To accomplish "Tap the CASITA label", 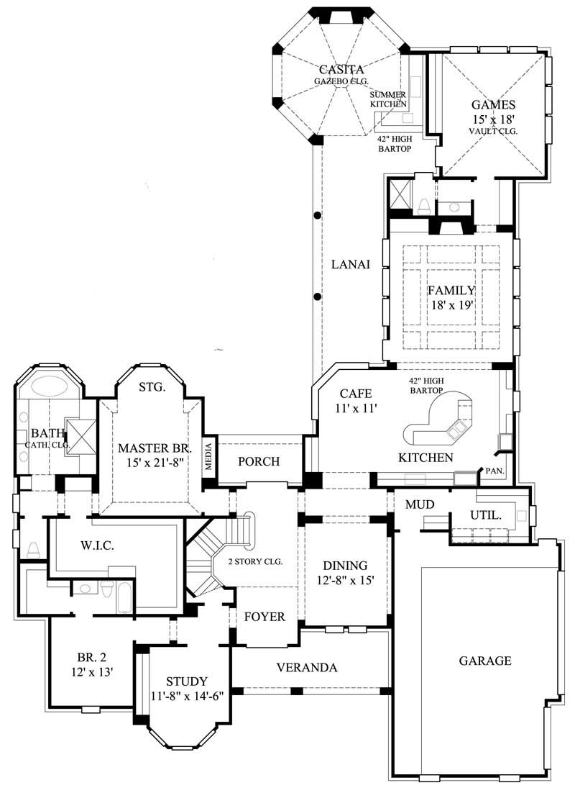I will pos(340,70).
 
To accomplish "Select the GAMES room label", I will pos(493,104).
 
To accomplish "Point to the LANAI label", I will pos(350,264).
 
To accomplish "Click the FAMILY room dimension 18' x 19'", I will pos(451,305).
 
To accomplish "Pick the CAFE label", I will pos(355,394).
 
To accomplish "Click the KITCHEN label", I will pos(426,458).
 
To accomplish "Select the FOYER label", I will pos(264,617).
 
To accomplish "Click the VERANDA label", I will pos(307,668).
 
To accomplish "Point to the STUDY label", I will pos(187,681).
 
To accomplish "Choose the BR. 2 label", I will pos(91,657).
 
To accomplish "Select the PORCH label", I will pos(259,462).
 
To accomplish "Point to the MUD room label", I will pos(416,504).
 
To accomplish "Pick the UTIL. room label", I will pos(486,516).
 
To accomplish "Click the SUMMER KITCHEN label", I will pos(388,99).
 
